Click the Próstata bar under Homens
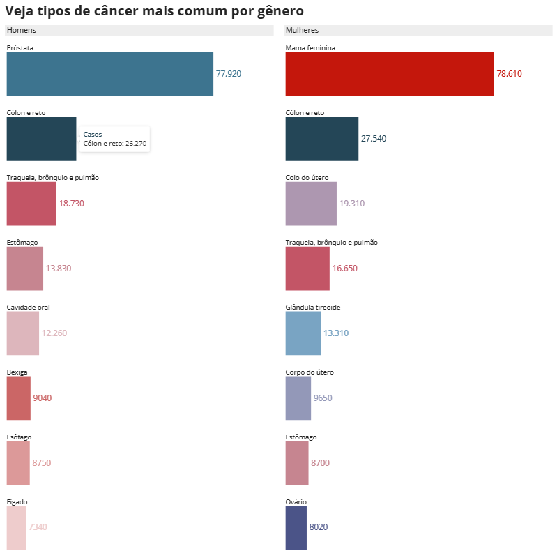tap(109, 74)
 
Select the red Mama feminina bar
tap(389, 74)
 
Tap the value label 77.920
tap(229, 73)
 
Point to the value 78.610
tap(509, 73)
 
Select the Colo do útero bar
tap(311, 204)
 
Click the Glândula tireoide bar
tap(303, 333)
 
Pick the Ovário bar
tap(296, 527)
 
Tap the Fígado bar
tap(16, 527)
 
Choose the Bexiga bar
tap(19, 398)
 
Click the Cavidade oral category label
tap(28, 307)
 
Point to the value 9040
tap(42, 398)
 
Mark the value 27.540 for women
tap(373, 139)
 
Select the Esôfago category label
tap(19, 437)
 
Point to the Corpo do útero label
tap(310, 372)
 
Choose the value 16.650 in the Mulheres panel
tap(344, 269)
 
